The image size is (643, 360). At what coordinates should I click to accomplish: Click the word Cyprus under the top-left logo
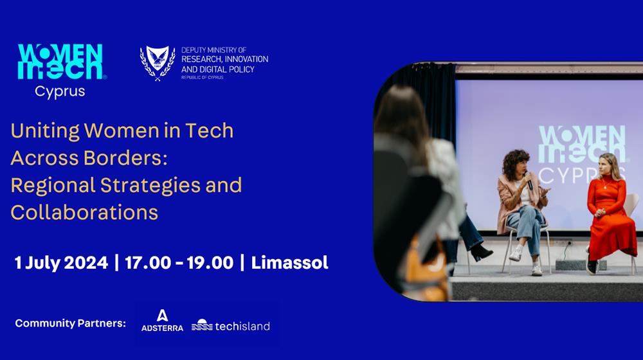pos(60,91)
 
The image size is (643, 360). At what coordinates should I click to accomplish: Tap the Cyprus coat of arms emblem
pos(158,63)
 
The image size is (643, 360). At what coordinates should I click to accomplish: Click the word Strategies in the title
pos(150,185)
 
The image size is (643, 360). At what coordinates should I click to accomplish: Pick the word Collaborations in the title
pos(84,212)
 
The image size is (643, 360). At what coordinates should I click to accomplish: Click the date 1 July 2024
pos(61,263)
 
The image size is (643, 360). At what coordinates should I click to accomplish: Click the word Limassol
pos(289,263)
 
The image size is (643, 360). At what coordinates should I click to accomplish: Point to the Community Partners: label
pos(71,323)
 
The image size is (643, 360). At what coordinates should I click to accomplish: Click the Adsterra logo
pos(163,321)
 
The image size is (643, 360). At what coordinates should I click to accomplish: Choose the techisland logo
pos(231,326)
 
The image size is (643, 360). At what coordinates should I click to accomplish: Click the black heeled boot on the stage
pos(480,252)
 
